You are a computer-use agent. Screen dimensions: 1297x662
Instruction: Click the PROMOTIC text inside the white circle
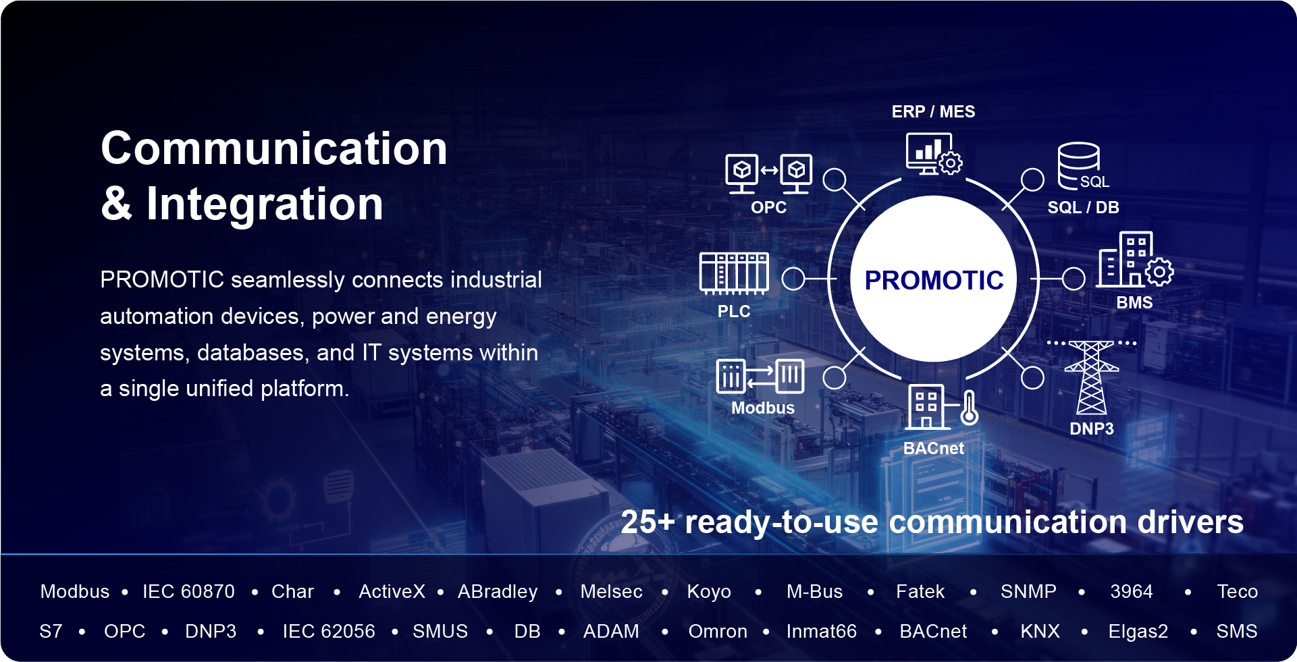pos(934,280)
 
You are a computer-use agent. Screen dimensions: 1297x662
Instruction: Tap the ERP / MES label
pos(933,111)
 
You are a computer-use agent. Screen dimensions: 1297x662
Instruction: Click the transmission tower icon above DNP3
pos(1091,377)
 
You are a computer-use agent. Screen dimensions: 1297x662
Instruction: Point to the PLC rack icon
pos(734,273)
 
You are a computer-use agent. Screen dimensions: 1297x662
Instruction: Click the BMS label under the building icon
pos(1134,302)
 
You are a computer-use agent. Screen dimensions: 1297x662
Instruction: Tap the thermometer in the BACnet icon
pos(969,407)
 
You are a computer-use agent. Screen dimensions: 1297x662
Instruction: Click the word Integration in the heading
pos(265,204)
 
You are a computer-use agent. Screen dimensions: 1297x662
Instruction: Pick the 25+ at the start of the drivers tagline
pos(647,522)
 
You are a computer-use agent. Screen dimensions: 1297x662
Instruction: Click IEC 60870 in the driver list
pos(188,592)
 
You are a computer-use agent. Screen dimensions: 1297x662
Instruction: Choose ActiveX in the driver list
pos(392,592)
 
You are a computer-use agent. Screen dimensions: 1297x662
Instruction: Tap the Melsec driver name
pos(611,592)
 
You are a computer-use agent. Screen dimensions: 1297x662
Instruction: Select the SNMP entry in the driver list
pos(1028,592)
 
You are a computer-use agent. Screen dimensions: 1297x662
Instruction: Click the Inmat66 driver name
pos(821,632)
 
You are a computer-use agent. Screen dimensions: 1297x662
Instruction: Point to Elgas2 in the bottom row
pos(1138,632)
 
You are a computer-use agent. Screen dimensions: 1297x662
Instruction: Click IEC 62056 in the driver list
pos(328,632)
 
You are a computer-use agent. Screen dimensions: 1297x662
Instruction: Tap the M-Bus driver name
pos(814,592)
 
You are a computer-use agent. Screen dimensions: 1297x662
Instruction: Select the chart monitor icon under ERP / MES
pos(934,154)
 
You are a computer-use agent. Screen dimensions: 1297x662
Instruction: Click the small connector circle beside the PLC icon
pos(793,278)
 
